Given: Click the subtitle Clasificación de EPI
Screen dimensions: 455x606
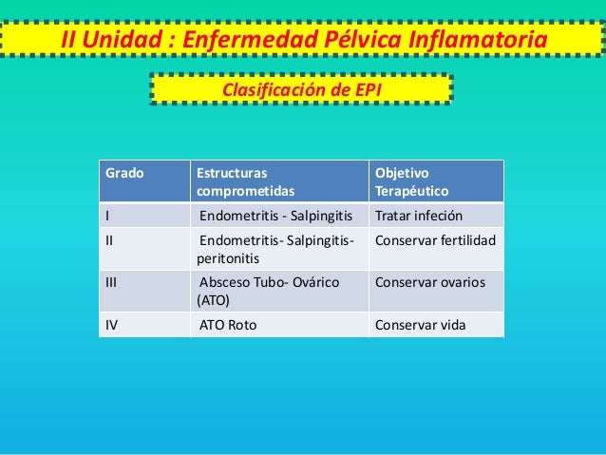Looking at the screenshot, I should pyautogui.click(x=301, y=89).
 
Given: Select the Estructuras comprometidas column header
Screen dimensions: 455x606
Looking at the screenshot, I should pyautogui.click(x=233, y=182).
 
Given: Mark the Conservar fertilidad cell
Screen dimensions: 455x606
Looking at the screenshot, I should pyautogui.click(x=436, y=238).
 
